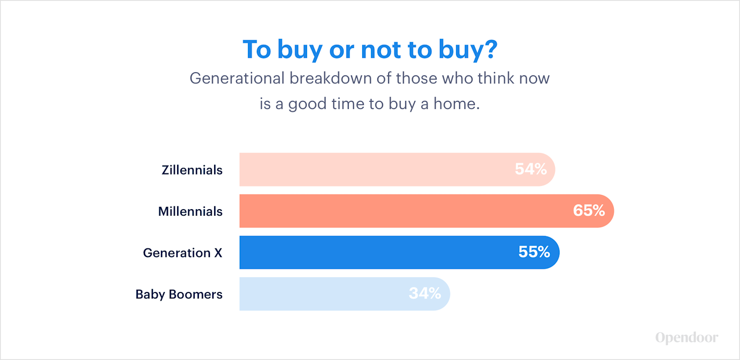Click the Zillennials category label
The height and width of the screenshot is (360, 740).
[192, 170]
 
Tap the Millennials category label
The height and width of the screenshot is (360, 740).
[190, 211]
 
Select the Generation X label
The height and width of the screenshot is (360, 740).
[183, 253]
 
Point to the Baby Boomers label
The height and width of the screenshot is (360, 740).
[179, 294]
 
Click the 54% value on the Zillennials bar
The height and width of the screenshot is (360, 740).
[531, 169]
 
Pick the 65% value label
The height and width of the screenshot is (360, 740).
[589, 210]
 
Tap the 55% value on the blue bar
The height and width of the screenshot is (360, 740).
[534, 252]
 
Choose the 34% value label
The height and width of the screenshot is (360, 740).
[425, 293]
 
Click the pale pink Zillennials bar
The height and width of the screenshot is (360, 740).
[397, 169]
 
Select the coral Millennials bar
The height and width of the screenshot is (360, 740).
[427, 211]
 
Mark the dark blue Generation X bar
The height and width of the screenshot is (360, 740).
[400, 252]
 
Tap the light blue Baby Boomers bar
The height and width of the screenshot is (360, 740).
[345, 294]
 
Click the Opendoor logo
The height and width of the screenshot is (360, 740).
[687, 338]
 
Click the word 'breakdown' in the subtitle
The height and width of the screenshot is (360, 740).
[337, 78]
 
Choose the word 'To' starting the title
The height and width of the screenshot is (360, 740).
[257, 50]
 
